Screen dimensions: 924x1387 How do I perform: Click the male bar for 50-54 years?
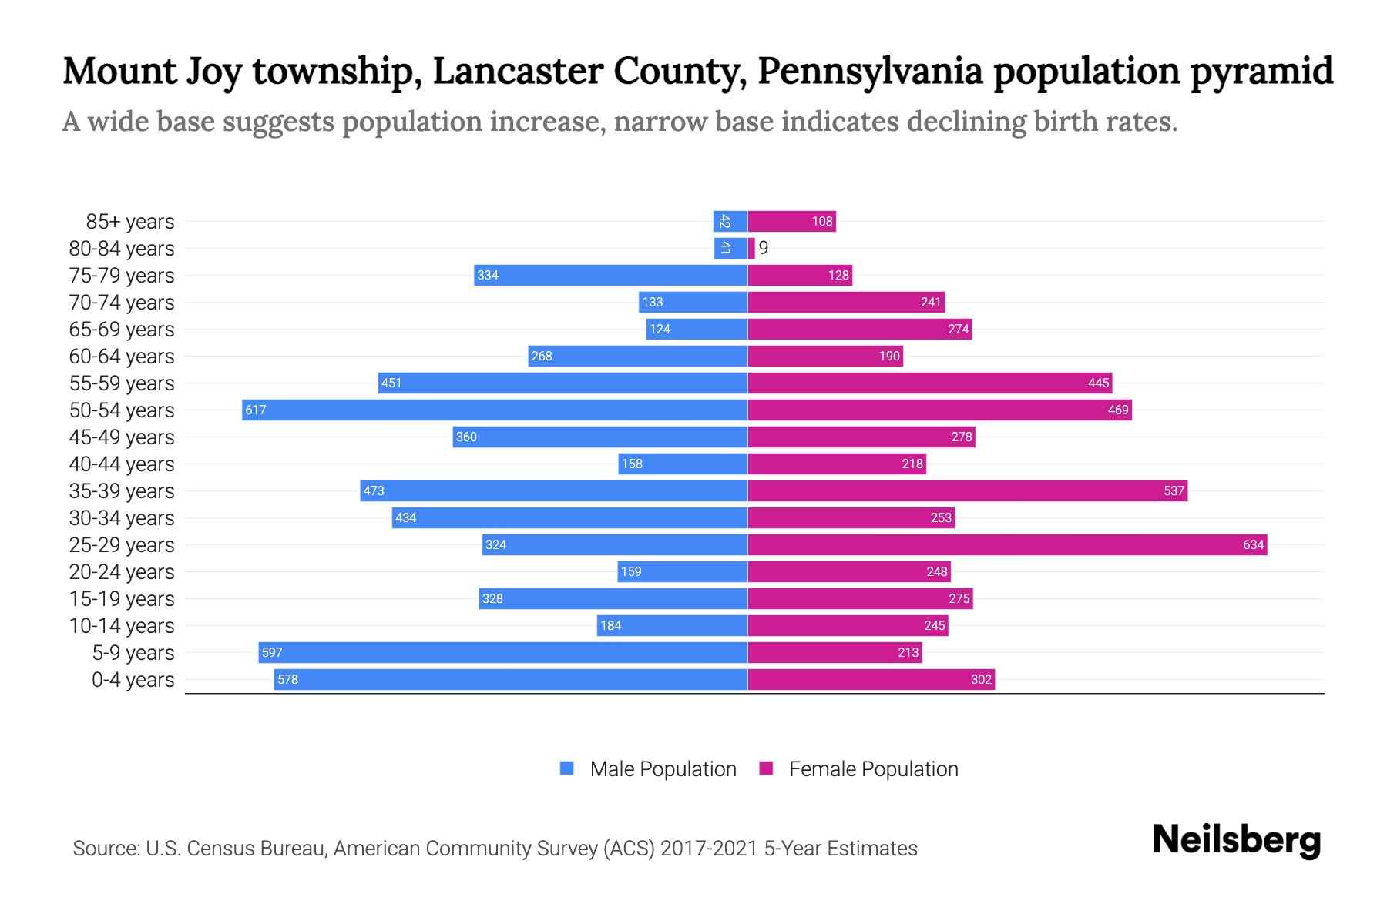coord(495,410)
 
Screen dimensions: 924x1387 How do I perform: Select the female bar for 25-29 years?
coord(1007,544)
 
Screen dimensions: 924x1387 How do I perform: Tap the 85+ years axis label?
coord(129,222)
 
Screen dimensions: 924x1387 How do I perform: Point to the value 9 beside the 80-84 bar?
coord(763,248)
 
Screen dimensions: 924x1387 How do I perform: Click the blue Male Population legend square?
coord(567,768)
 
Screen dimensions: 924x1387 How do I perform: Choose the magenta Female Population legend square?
coord(766,768)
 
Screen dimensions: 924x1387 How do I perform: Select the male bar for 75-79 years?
coord(610,275)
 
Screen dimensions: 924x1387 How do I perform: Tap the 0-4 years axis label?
coord(133,680)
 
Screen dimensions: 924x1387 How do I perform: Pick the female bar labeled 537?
coord(967,490)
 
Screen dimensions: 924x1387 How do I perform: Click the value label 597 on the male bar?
coord(272,652)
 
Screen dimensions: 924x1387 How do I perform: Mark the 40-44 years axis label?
coord(122,464)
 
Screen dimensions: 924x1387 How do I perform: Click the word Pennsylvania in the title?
coord(870,72)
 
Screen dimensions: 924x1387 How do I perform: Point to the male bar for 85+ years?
coord(730,222)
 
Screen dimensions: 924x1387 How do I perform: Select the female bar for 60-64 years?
coord(825,356)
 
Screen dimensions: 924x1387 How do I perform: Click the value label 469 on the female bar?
coord(1118,410)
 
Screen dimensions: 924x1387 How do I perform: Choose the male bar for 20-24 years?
coord(682,571)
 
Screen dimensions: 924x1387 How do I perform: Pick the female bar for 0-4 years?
coord(871,679)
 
